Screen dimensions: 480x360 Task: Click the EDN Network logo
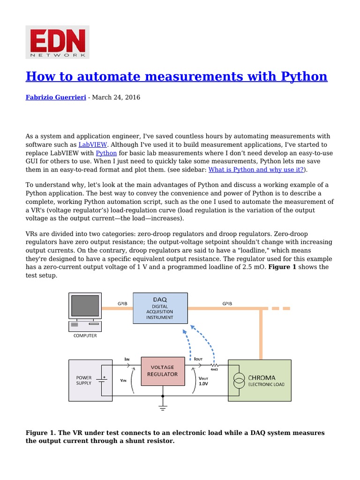pos(57,42)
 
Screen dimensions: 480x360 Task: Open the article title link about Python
pos(176,76)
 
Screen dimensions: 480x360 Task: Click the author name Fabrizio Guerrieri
pos(55,97)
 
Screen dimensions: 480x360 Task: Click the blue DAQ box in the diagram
pos(160,308)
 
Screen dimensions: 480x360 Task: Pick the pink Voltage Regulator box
pos(162,371)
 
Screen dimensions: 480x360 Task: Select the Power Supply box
pos(90,380)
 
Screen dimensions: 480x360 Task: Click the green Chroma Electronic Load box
pos(259,380)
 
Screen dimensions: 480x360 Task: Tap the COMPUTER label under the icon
pos(85,336)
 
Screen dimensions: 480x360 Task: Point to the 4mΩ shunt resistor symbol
pos(214,365)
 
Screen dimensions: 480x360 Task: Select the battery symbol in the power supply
pos(101,380)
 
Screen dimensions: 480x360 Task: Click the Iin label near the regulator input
pos(127,359)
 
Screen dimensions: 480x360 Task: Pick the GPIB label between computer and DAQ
pos(122,304)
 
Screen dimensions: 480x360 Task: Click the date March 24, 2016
pos(116,97)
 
